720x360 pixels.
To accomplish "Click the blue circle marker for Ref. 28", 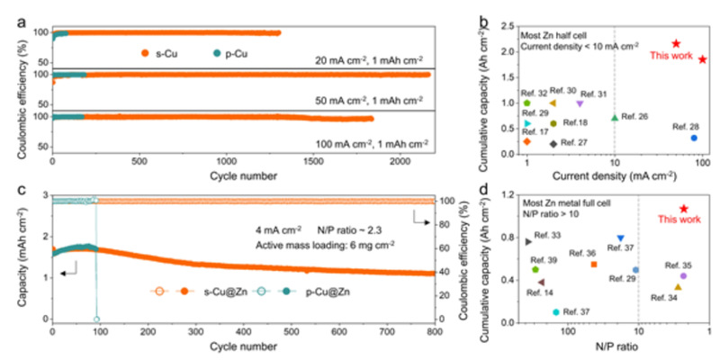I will coord(694,138).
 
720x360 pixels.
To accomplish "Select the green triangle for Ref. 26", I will coord(615,117).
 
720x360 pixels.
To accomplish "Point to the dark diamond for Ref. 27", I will coord(553,143).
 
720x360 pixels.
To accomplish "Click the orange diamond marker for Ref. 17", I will coord(526,141).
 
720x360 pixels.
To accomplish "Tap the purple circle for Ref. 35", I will coord(683,275).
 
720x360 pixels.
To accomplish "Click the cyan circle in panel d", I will coord(555,311).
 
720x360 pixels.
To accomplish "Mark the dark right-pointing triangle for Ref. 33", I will coord(528,241).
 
